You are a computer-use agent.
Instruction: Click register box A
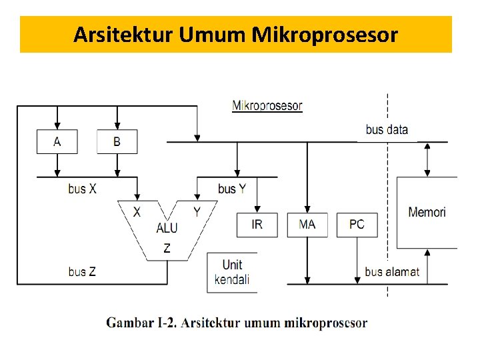click(x=57, y=142)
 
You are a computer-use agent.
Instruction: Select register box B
click(x=117, y=142)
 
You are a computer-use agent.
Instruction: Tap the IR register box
click(x=257, y=225)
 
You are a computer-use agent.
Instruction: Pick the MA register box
click(x=307, y=225)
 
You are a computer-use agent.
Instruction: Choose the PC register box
click(x=357, y=225)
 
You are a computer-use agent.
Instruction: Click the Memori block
click(x=427, y=213)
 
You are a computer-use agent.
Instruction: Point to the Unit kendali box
click(x=232, y=271)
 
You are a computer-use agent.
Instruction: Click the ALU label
click(x=167, y=228)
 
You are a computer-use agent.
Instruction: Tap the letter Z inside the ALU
click(x=167, y=249)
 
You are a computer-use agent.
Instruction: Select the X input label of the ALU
click(x=137, y=211)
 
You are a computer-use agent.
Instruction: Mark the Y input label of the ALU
click(x=197, y=211)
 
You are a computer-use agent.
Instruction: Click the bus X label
click(x=82, y=189)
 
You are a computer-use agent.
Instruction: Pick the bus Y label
click(x=232, y=189)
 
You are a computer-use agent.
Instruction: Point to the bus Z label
click(x=82, y=271)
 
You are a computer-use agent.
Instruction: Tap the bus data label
click(x=387, y=129)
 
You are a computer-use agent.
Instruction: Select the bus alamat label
click(x=392, y=271)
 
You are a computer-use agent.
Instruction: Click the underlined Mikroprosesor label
click(x=267, y=105)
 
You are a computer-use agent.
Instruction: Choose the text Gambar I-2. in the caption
click(x=142, y=323)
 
